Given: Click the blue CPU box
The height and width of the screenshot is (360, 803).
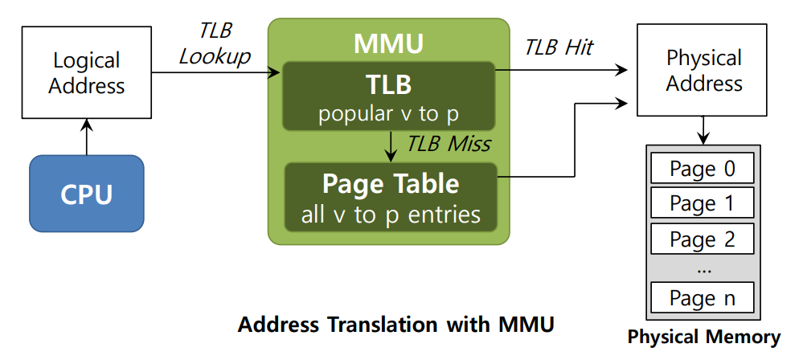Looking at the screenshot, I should click(x=87, y=194).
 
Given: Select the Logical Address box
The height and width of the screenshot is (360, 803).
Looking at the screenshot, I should click(x=87, y=73).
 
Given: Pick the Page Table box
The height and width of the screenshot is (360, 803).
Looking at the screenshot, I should click(x=391, y=196).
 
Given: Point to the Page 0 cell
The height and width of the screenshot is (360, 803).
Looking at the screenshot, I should click(x=703, y=169).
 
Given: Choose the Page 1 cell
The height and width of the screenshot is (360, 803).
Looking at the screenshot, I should click(x=703, y=204).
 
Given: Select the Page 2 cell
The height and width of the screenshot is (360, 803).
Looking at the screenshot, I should click(x=703, y=239).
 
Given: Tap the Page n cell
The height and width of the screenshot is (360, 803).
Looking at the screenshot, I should click(x=703, y=298).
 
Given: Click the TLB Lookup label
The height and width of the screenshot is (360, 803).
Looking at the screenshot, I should click(x=215, y=43).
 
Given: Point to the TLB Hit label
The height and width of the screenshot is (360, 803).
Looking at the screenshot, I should click(x=559, y=47).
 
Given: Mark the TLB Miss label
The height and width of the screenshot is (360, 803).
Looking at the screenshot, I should click(x=449, y=145).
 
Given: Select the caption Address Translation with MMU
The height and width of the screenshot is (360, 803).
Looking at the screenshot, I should click(x=396, y=325).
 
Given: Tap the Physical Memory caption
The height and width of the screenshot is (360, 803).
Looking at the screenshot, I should click(x=703, y=337).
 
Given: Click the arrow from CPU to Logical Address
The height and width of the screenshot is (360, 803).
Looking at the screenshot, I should click(x=87, y=136).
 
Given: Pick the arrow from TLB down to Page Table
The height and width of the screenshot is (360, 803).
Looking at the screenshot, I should click(x=391, y=145).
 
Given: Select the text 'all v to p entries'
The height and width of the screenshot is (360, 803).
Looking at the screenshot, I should click(x=391, y=215).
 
